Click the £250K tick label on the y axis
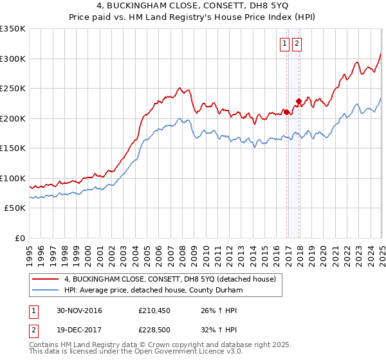[x=13, y=89]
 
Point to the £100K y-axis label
[x=13, y=178]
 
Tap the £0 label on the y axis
[x=20, y=238]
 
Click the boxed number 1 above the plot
[x=284, y=44]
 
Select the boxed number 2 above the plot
[x=297, y=44]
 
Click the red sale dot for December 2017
[x=299, y=101]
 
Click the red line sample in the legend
[x=46, y=279]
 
